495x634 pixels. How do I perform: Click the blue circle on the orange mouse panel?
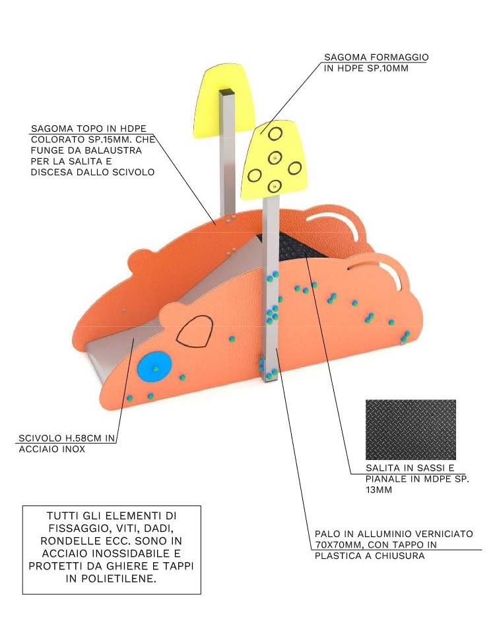(154, 367)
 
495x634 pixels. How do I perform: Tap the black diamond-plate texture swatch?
(411, 430)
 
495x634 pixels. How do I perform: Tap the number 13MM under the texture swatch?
(379, 490)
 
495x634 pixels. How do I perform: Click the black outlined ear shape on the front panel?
(195, 331)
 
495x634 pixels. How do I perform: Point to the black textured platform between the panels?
(299, 246)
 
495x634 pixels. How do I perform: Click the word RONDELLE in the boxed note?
(67, 540)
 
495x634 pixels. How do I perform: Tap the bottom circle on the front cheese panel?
(275, 186)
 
